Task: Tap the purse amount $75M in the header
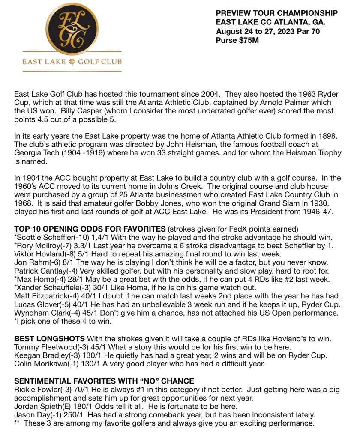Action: (250, 40)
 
